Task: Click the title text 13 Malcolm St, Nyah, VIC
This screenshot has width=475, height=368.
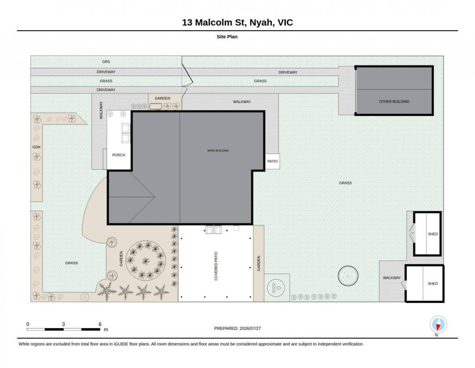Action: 237,22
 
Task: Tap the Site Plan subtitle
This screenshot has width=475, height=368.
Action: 227,37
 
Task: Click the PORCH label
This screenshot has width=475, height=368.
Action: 119,155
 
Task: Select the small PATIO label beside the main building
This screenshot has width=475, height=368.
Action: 272,161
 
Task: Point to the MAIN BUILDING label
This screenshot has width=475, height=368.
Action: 218,151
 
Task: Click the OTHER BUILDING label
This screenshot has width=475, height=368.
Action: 394,102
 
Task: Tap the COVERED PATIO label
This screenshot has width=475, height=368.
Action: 216,266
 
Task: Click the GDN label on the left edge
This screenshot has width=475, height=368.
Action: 36,147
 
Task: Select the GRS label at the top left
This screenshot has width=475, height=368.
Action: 106,62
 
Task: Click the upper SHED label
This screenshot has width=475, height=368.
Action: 433,234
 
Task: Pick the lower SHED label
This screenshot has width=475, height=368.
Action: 433,283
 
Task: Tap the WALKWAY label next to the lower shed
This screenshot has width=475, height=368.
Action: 392,278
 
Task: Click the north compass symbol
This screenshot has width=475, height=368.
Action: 438,325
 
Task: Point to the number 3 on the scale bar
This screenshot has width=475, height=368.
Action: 63,324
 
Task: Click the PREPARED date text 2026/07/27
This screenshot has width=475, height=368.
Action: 250,328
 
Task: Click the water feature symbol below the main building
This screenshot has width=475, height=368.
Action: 276,287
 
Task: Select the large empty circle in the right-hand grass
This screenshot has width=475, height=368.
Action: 348,276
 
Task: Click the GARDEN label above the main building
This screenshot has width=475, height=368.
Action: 162,99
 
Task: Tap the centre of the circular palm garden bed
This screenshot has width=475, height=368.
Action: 146,261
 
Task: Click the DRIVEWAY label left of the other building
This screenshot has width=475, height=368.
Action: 288,72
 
